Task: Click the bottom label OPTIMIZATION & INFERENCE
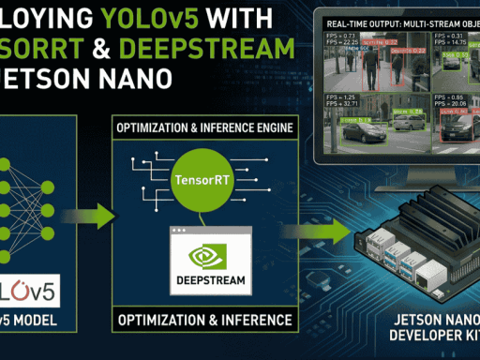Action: click(202, 321)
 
